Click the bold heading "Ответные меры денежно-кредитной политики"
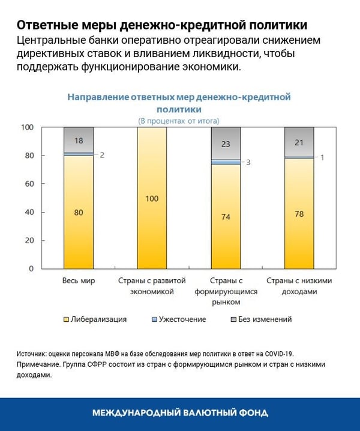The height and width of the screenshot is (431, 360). click(162, 25)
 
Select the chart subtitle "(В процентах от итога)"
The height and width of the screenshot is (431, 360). click(179, 121)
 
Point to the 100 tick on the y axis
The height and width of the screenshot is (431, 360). click(28, 127)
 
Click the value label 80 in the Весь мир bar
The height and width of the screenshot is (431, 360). click(79, 211)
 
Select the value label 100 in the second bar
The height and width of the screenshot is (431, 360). click(152, 198)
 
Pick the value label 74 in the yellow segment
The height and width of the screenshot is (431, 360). click(226, 217)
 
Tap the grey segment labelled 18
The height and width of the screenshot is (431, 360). click(79, 140)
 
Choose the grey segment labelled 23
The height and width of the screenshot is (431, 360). click(226, 143)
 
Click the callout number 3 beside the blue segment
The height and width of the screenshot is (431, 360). click(248, 163)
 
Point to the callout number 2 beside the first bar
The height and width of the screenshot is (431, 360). click(102, 155)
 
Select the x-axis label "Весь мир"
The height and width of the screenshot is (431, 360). click(79, 281)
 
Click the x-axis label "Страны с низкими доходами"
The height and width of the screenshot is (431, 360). click(299, 286)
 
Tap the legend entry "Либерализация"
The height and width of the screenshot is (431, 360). click(98, 319)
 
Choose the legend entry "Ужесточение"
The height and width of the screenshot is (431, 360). click(182, 319)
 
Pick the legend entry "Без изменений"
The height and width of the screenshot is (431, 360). click(263, 319)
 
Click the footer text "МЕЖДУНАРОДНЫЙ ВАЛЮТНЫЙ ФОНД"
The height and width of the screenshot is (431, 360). click(180, 413)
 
